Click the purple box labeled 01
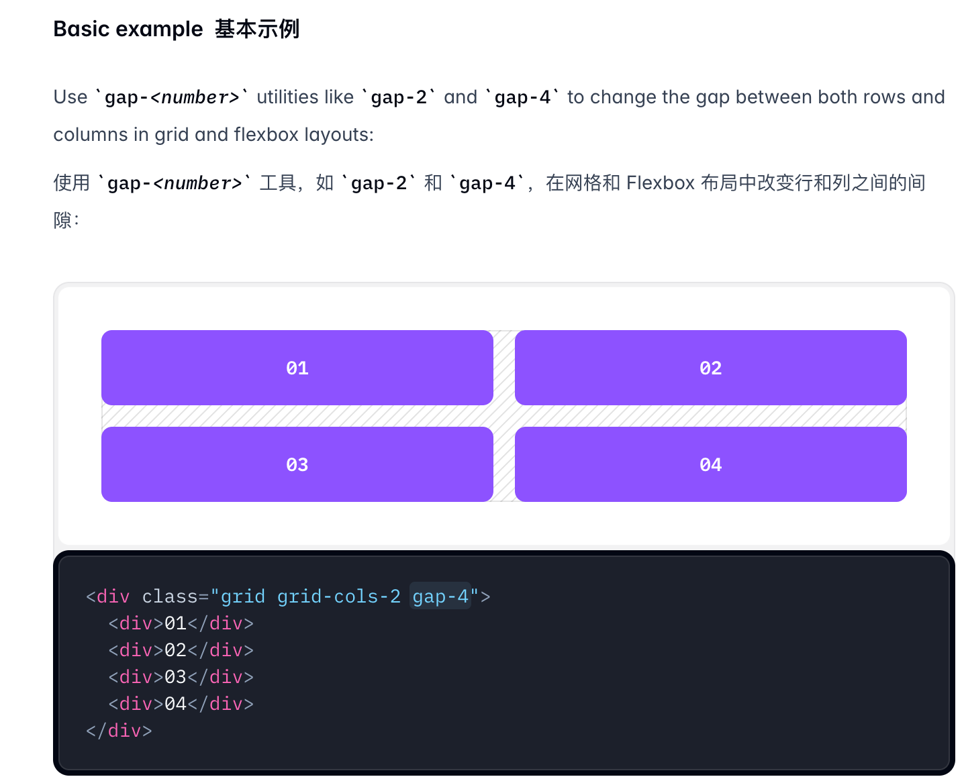click(297, 368)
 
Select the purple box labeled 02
click(710, 368)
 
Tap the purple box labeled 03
click(297, 464)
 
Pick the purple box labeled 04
click(710, 464)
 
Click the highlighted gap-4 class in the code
click(440, 597)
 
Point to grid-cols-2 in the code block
click(338, 597)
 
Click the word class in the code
click(170, 597)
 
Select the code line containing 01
click(181, 623)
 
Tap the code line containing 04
click(181, 704)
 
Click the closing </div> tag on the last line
click(119, 731)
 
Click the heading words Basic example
click(128, 29)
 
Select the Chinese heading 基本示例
click(257, 29)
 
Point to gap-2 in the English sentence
click(399, 98)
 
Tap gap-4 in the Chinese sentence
click(487, 184)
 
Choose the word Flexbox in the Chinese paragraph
click(660, 183)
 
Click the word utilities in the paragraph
click(305, 97)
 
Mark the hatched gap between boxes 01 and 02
click(504, 368)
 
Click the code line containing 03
click(181, 677)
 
